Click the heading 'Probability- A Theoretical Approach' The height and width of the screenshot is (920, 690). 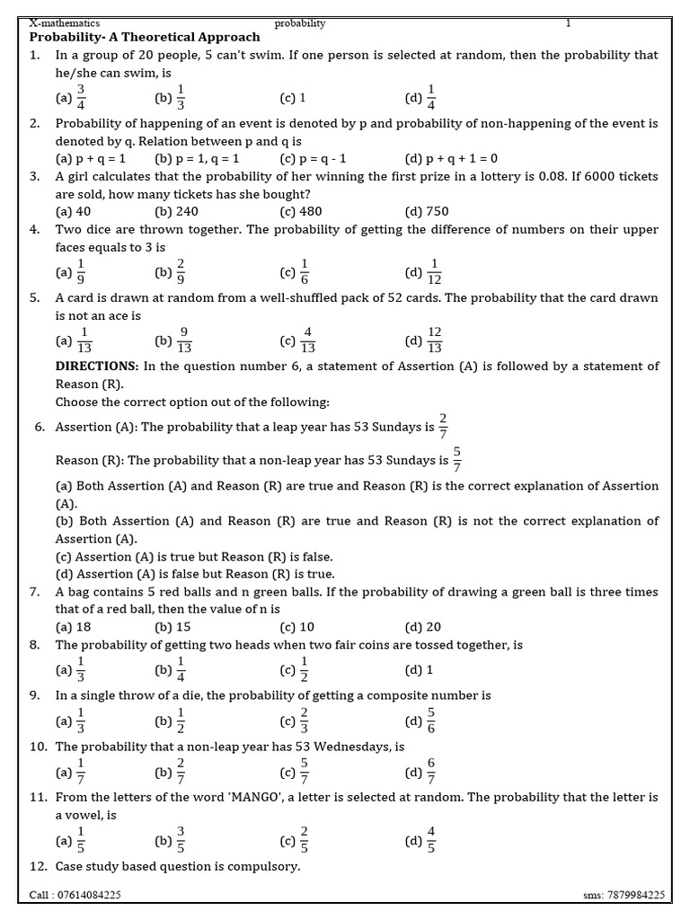click(x=145, y=37)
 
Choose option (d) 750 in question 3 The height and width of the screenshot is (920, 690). click(x=427, y=212)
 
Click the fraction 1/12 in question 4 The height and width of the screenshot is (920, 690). click(x=435, y=271)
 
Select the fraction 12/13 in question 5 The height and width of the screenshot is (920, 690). click(x=435, y=340)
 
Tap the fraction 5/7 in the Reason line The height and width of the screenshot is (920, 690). click(x=457, y=459)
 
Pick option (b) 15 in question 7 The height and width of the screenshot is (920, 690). click(x=172, y=627)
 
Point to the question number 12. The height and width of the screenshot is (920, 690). click(x=38, y=866)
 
